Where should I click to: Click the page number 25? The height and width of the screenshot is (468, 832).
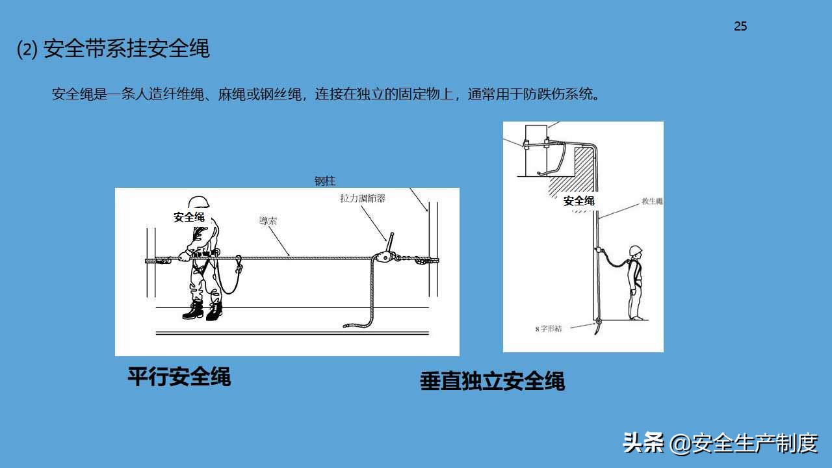click(x=740, y=27)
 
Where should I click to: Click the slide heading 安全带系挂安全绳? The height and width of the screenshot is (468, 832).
click(x=126, y=49)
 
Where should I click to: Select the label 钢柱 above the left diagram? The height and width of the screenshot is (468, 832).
click(x=325, y=181)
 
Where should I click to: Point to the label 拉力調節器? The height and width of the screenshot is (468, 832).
click(x=363, y=198)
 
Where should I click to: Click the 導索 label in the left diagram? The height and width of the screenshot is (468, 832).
click(x=268, y=221)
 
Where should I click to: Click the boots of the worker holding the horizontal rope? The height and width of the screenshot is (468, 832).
click(x=202, y=310)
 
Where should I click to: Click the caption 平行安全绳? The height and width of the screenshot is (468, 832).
click(x=179, y=377)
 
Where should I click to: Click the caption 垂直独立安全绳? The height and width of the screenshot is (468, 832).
click(x=492, y=382)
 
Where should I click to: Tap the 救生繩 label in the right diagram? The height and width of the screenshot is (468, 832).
click(x=651, y=201)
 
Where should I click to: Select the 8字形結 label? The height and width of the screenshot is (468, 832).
click(x=548, y=329)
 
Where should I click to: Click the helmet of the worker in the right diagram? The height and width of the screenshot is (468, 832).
click(x=635, y=251)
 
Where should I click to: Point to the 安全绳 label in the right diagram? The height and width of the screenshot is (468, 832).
click(x=578, y=201)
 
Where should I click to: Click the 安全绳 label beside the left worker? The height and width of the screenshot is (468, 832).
click(x=188, y=217)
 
